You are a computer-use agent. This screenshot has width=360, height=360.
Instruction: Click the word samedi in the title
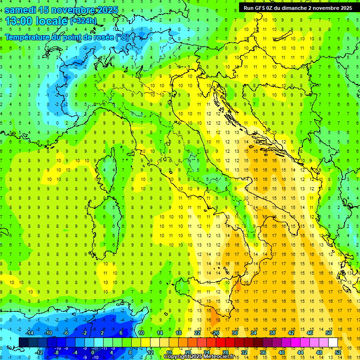tap(20, 10)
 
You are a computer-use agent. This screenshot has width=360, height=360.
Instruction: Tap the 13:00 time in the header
tap(17, 21)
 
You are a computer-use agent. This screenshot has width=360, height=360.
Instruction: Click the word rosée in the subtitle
tap(103, 37)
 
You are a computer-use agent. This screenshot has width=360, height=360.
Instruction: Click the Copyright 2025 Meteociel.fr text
tap(199, 357)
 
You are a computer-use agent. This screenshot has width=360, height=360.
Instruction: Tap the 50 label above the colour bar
tap(329, 333)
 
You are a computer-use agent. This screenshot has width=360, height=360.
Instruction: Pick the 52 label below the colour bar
tap(338, 352)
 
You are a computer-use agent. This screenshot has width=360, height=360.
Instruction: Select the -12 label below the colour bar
tap(39, 352)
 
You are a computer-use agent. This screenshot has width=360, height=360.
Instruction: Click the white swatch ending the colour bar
tap(333, 343)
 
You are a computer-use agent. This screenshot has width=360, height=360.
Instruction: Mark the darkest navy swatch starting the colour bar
tap(23, 343)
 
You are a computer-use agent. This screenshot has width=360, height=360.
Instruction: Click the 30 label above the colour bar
tap(235, 333)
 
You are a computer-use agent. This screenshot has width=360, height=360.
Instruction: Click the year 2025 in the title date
tap(104, 10)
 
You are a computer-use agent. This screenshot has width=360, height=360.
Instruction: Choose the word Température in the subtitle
tap(29, 37)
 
